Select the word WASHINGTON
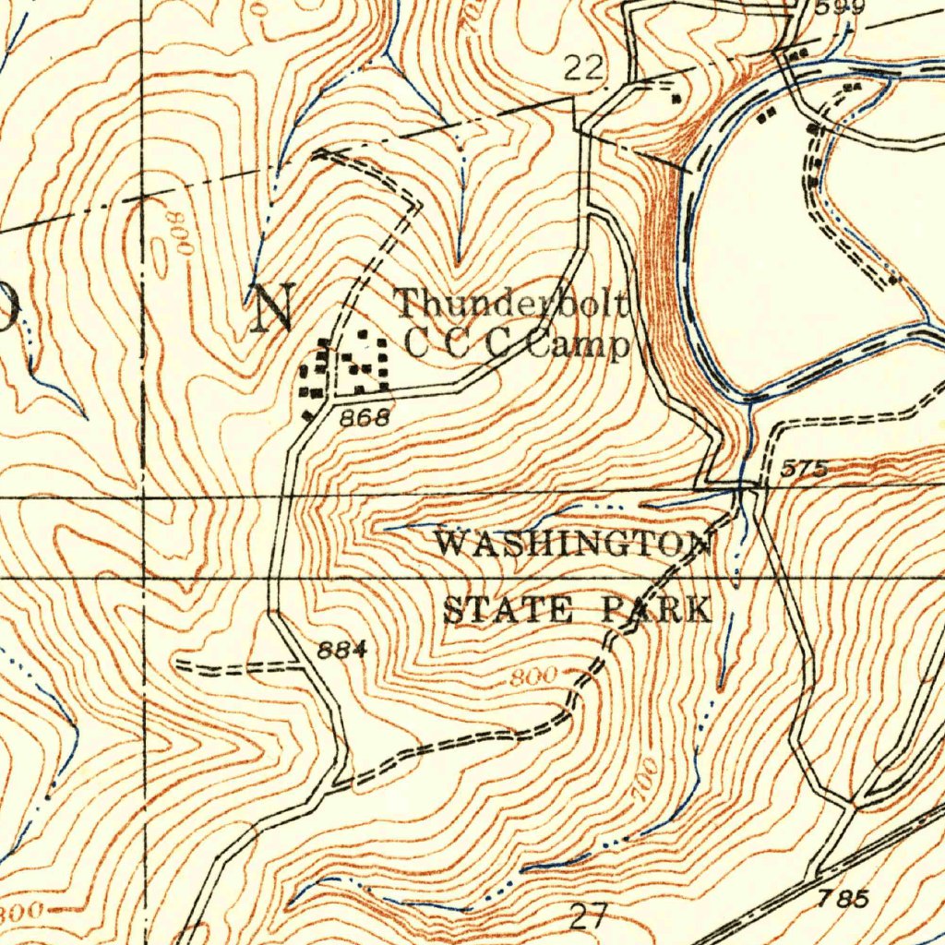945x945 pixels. coord(573,544)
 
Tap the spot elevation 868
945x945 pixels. coord(365,417)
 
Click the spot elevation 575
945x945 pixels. coord(802,470)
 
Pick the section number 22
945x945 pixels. coord(583,68)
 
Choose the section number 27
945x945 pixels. coord(589,916)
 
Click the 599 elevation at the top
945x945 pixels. coord(839,7)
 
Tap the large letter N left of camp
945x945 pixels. coord(274,308)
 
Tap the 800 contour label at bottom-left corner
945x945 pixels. coord(20,912)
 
